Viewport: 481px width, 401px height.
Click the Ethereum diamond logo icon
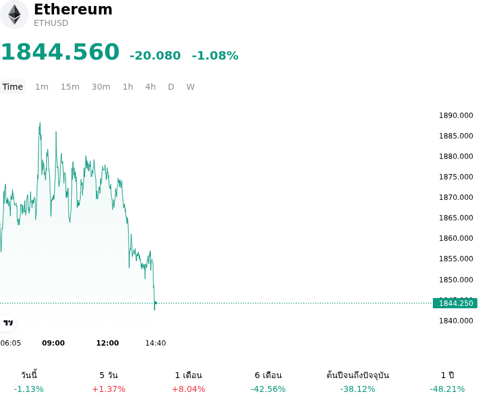click(14, 14)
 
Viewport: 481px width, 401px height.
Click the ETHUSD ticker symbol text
click(51, 23)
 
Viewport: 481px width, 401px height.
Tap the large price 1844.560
click(61, 52)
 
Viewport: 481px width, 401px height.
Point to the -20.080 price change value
click(155, 55)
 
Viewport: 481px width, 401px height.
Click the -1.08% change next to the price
click(215, 55)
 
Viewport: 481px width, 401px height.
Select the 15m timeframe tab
click(70, 87)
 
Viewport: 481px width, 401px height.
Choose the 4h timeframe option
click(150, 87)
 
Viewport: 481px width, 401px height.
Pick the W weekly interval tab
click(190, 87)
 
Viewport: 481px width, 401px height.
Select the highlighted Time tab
click(13, 87)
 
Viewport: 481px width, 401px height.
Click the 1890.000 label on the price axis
click(456, 116)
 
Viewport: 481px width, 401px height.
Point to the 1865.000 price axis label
click(456, 218)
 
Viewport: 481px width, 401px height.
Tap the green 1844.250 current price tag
click(455, 303)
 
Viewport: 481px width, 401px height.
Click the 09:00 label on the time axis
click(54, 343)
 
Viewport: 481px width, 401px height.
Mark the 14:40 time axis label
click(156, 343)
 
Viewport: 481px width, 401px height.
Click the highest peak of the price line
click(40, 123)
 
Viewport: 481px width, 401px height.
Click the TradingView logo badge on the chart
click(8, 323)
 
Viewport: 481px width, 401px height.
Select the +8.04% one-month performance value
click(188, 390)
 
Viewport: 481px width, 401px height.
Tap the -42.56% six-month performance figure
click(268, 390)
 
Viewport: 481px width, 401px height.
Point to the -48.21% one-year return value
click(447, 390)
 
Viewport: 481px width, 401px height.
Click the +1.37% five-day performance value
click(109, 390)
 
